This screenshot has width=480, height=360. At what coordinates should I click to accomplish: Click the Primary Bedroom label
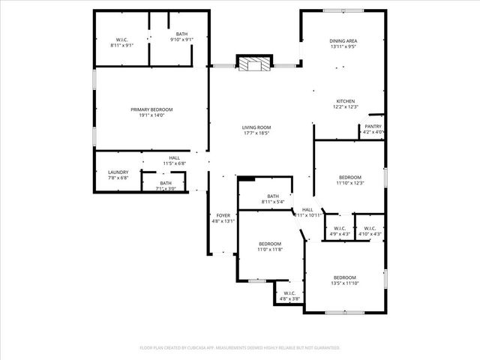tap(151, 109)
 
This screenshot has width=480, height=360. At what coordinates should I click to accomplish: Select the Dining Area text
tap(343, 41)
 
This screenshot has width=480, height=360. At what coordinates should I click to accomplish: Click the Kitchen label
tap(345, 101)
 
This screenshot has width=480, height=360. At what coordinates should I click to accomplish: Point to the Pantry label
tap(373, 127)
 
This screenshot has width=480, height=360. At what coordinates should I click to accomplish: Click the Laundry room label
tap(118, 172)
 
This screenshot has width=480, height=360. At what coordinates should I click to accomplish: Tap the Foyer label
tap(223, 215)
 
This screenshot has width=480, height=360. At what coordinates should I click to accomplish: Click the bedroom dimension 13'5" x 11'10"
tap(346, 283)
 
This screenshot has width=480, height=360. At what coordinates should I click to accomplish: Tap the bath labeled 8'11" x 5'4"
tap(273, 202)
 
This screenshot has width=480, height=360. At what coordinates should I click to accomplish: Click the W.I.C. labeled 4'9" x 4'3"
tap(340, 234)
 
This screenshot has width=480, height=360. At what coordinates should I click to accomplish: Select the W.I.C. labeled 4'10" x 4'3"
tap(370, 234)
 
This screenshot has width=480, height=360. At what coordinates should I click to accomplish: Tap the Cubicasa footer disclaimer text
tap(240, 348)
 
